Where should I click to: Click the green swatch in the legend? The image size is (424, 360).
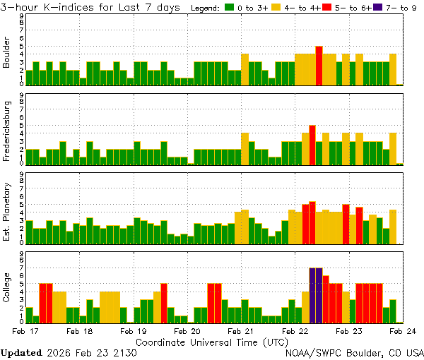(230, 7)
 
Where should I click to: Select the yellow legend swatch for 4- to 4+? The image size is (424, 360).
(276, 7)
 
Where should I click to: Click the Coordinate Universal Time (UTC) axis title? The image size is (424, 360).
(211, 342)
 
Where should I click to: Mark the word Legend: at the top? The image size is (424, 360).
(206, 7)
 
